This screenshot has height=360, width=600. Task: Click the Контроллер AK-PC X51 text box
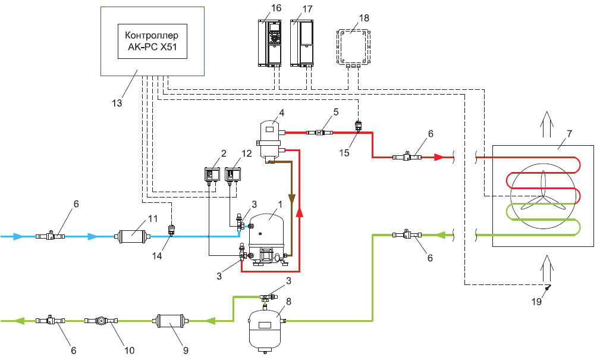click(x=153, y=41)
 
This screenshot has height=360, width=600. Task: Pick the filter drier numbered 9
click(x=171, y=321)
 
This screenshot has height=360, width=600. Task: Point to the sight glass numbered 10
click(x=101, y=321)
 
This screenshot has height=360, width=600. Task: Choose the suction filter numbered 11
click(x=130, y=237)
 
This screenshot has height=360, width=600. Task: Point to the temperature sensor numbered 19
click(x=546, y=287)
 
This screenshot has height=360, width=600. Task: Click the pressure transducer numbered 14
click(x=171, y=228)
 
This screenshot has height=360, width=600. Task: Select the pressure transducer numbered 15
click(x=358, y=126)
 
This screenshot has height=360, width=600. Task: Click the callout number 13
click(x=117, y=103)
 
